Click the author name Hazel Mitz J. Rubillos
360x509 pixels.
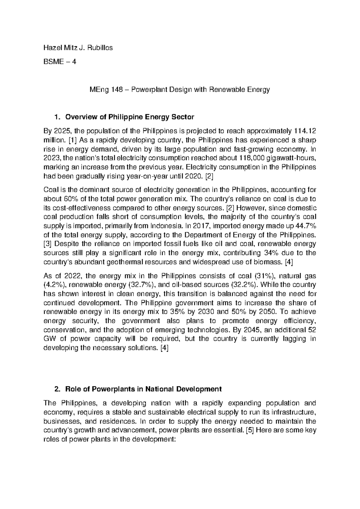point(78,47)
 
